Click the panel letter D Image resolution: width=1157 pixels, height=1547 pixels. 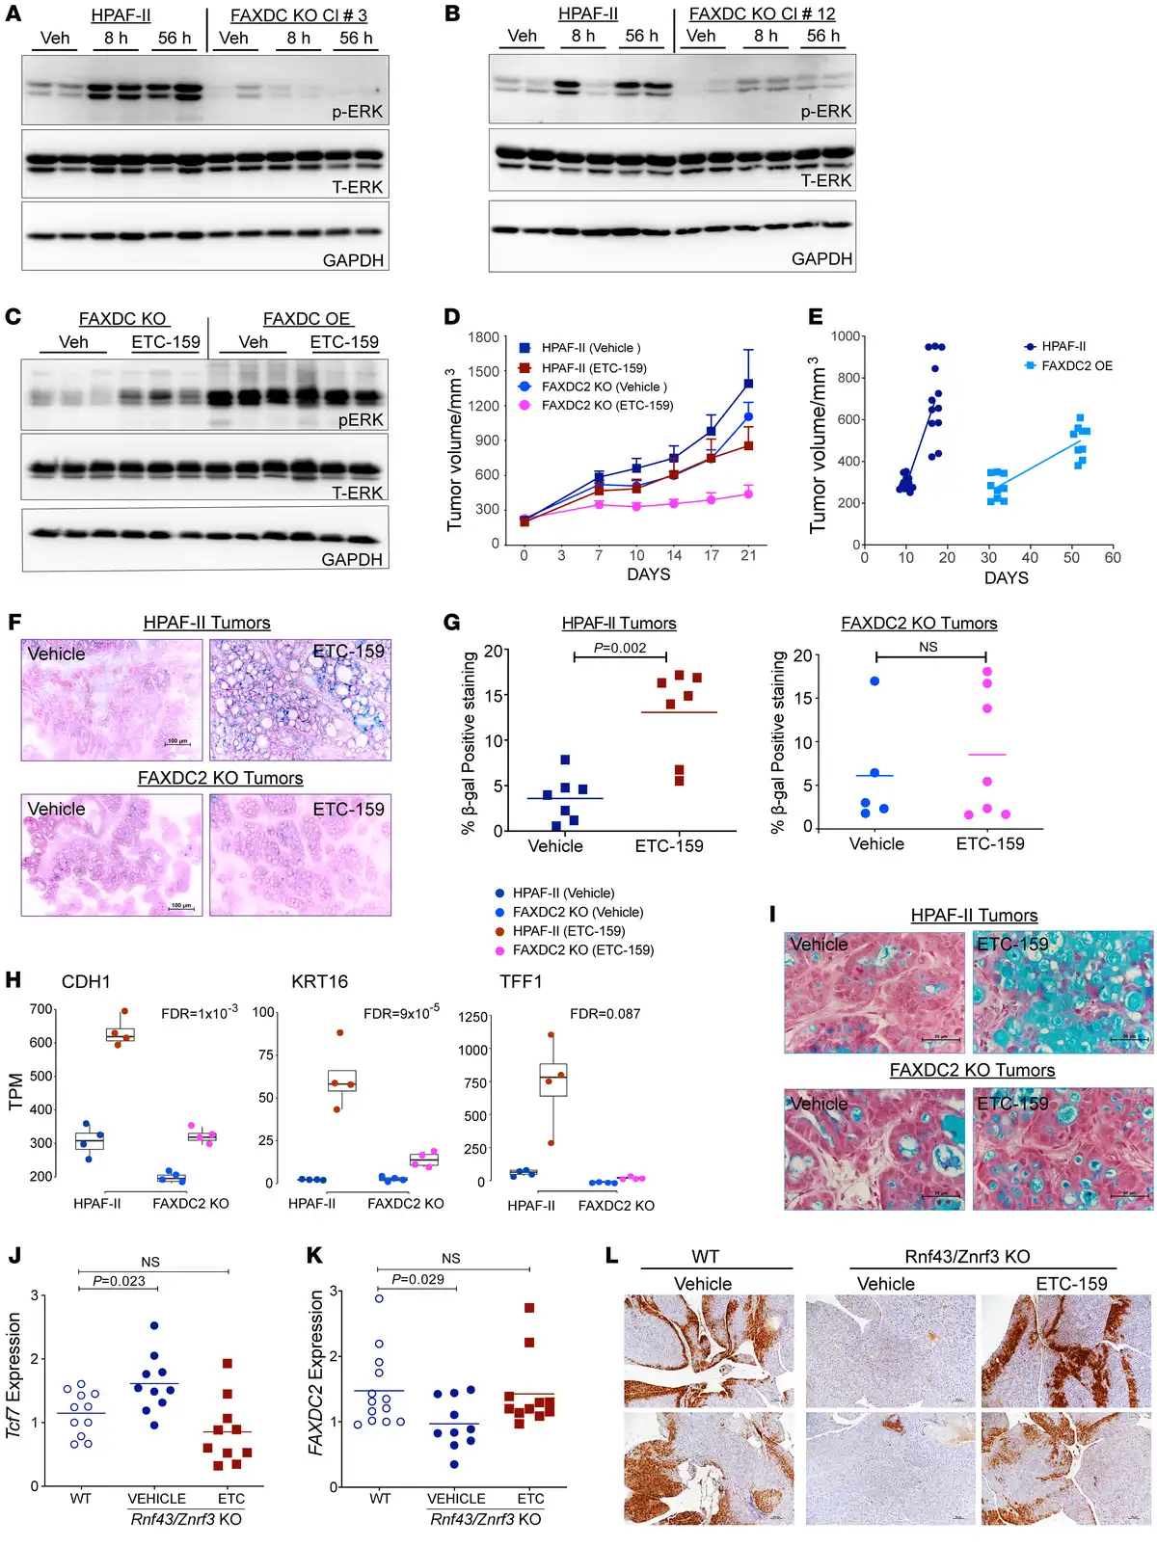451,317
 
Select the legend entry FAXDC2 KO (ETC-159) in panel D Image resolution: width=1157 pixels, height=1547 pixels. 606,406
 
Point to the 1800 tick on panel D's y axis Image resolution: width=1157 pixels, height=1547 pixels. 484,337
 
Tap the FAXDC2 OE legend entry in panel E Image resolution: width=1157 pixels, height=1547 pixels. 1076,366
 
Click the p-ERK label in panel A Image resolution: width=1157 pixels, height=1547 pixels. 357,112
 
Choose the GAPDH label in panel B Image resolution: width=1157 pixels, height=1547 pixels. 821,259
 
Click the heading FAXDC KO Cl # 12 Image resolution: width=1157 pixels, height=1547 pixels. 762,14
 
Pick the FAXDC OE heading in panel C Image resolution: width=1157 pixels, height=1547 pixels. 307,319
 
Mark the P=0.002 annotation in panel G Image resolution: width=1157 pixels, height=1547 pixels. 620,648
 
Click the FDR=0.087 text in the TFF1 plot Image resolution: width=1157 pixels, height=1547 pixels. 605,1014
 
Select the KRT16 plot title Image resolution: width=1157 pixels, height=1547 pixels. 319,982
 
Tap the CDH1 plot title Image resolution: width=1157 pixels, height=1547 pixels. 86,982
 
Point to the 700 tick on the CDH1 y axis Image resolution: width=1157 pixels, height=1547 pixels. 41,1009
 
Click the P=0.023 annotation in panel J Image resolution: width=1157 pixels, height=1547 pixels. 119,1281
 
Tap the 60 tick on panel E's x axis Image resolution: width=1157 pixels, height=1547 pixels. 1113,558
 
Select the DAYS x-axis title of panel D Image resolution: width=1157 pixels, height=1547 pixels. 648,574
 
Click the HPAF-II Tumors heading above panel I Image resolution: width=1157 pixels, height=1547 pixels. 974,916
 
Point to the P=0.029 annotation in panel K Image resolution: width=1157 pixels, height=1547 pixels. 417,1279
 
